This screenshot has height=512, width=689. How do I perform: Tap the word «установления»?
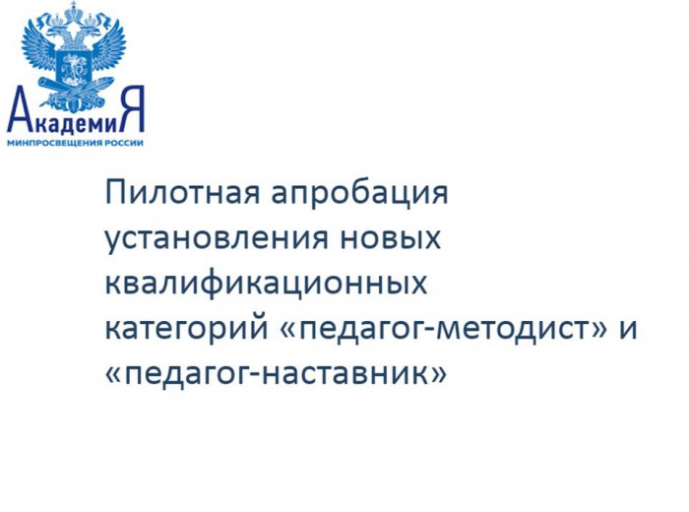point(217,240)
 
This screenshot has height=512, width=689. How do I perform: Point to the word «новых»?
point(391,238)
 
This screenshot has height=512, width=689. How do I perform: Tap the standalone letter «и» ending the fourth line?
point(628,329)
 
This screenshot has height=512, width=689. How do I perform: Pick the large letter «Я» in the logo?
point(133,108)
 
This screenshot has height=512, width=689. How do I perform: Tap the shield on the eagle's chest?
point(73,68)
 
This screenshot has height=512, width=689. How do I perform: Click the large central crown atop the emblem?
point(74,12)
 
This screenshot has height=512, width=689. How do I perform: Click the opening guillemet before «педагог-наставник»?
point(115,375)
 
